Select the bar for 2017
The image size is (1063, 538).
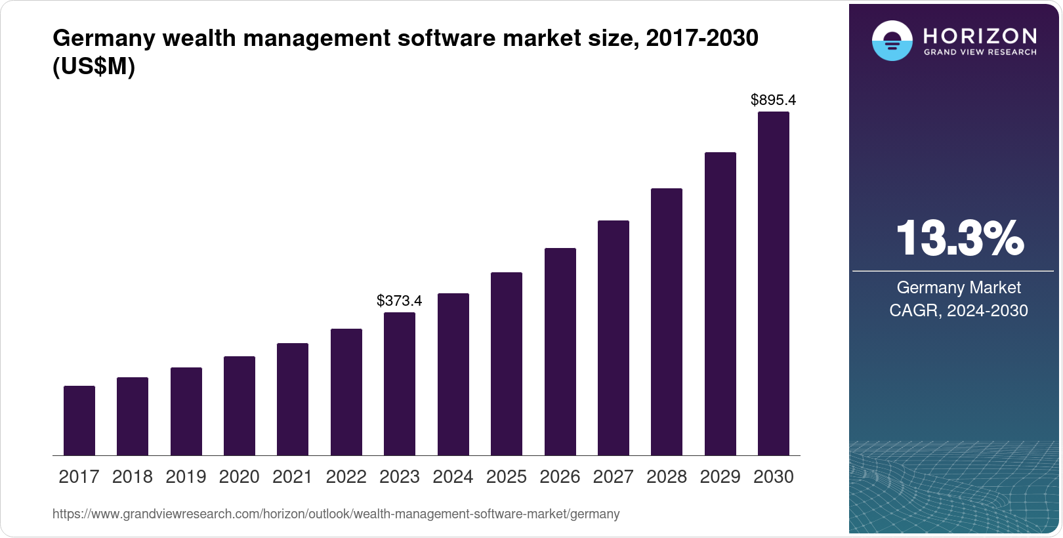(79, 421)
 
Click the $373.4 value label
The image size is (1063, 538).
(399, 300)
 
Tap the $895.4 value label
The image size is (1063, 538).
(773, 100)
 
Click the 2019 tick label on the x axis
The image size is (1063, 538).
(186, 477)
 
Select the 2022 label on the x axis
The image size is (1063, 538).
(346, 477)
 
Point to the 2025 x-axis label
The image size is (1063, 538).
(507, 477)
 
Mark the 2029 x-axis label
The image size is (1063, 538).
(720, 477)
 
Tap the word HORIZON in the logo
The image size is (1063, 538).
(980, 35)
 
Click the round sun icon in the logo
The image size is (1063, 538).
(892, 41)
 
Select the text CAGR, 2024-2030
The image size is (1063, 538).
(958, 310)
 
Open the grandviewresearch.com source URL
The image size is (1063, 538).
(336, 514)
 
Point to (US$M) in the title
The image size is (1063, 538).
(94, 66)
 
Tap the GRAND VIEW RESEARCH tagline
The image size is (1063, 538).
(980, 52)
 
